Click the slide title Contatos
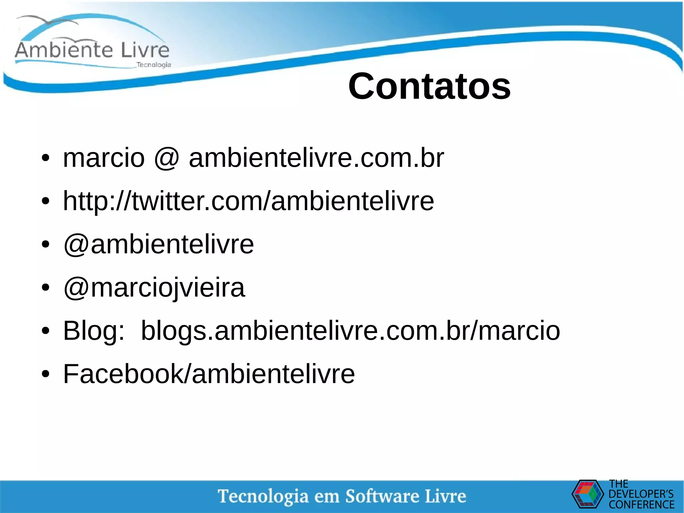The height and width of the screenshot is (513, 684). [x=429, y=86]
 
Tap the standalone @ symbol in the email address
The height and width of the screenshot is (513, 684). [x=167, y=158]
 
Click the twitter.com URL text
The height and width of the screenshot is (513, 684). [x=248, y=201]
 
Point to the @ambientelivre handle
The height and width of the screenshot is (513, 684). [x=159, y=244]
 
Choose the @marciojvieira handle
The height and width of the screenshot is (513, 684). [x=154, y=288]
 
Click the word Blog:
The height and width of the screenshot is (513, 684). [x=94, y=331]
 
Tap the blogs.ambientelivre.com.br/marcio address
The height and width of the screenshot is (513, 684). [x=350, y=331]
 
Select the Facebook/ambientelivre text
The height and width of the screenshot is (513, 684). [x=209, y=374]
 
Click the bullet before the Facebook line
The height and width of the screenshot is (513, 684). [x=45, y=374]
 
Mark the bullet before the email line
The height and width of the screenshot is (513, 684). [x=45, y=158]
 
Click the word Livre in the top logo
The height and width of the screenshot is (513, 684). [x=145, y=50]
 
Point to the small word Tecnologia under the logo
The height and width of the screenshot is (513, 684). [x=154, y=65]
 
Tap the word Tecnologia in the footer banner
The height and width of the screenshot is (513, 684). [x=263, y=496]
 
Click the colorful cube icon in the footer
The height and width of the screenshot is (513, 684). [x=587, y=494]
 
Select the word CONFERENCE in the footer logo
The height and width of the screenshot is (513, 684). [x=641, y=504]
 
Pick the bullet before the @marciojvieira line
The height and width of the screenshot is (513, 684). [x=45, y=288]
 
